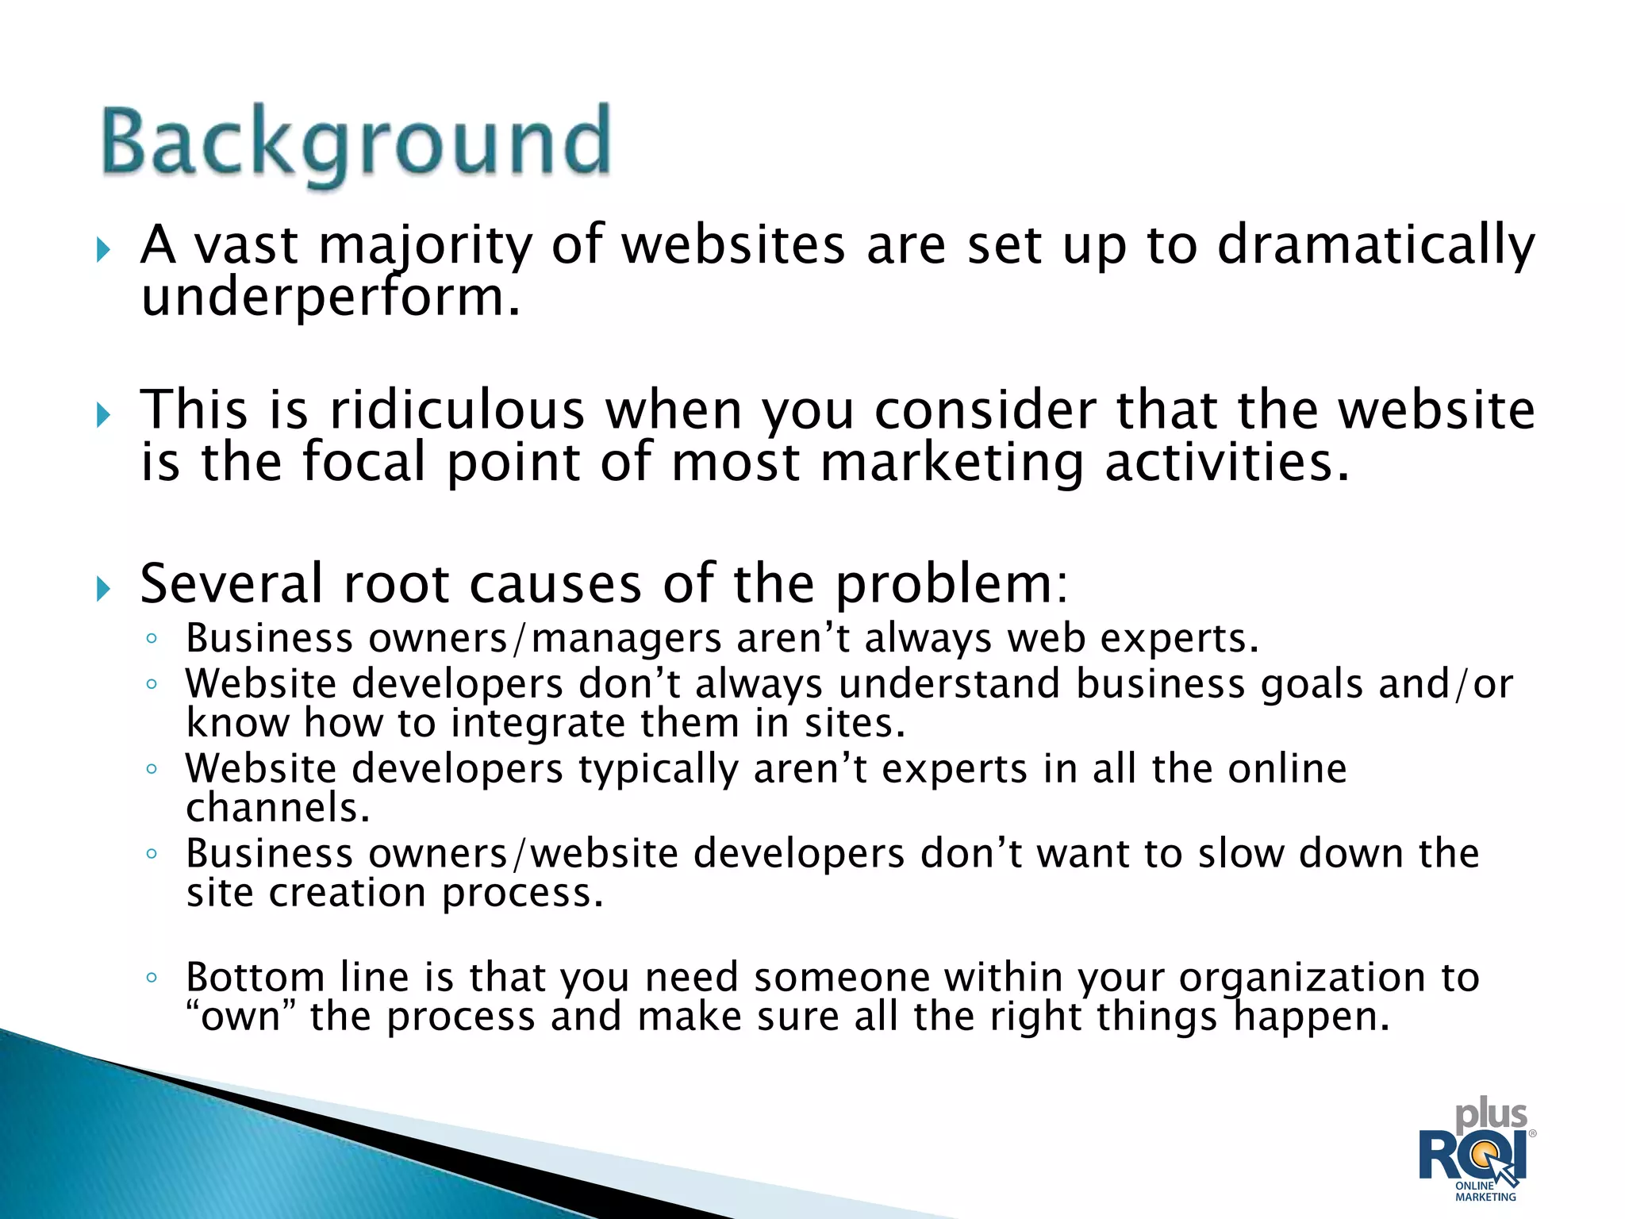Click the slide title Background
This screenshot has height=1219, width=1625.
pos(356,143)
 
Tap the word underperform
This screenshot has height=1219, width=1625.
pos(330,298)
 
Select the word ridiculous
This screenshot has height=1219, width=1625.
pos(457,410)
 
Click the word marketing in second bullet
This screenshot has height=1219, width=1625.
pos(951,463)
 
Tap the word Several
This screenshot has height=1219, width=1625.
pos(232,584)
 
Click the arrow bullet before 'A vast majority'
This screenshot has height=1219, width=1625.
pos(103,251)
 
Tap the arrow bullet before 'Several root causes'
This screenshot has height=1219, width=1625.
pos(103,590)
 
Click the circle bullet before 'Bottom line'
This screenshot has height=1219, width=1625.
pos(152,977)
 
